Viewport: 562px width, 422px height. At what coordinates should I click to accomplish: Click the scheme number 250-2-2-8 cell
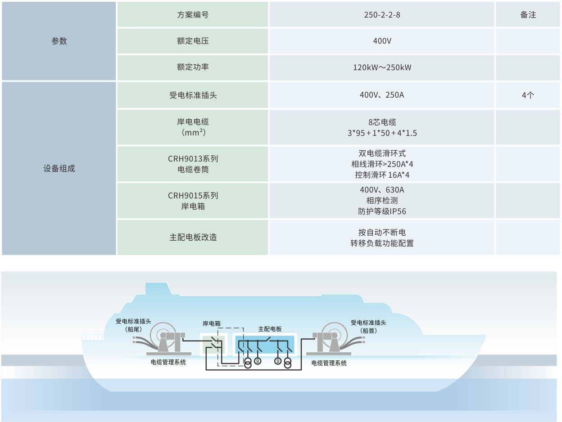[382, 15]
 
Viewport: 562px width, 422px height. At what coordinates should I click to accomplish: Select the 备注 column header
[528, 15]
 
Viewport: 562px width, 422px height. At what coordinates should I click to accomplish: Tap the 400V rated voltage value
[382, 41]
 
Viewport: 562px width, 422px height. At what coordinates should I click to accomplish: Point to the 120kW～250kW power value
[382, 67]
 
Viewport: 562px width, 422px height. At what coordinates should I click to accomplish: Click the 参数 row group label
[59, 41]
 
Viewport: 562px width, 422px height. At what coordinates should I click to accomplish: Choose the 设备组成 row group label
[59, 168]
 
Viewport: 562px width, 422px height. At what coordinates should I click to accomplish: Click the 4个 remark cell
[528, 95]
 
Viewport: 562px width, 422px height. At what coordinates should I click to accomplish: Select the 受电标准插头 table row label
[193, 95]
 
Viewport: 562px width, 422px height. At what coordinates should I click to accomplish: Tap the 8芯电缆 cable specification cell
[382, 127]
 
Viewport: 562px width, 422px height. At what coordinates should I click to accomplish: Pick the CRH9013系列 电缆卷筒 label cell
[193, 164]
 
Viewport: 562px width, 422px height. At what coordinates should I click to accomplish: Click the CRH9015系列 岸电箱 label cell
[193, 201]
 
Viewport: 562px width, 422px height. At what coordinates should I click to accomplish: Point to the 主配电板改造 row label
[193, 237]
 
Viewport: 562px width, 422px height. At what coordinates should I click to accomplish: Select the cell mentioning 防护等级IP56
[382, 201]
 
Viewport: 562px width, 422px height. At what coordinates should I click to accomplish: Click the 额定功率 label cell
[193, 67]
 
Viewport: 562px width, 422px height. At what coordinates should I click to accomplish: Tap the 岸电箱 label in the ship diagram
[212, 323]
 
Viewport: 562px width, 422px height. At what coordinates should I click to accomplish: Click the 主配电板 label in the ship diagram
[270, 329]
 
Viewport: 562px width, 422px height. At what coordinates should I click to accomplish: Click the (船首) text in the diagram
[368, 330]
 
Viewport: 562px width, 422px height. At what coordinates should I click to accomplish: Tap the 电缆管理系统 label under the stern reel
[168, 362]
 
